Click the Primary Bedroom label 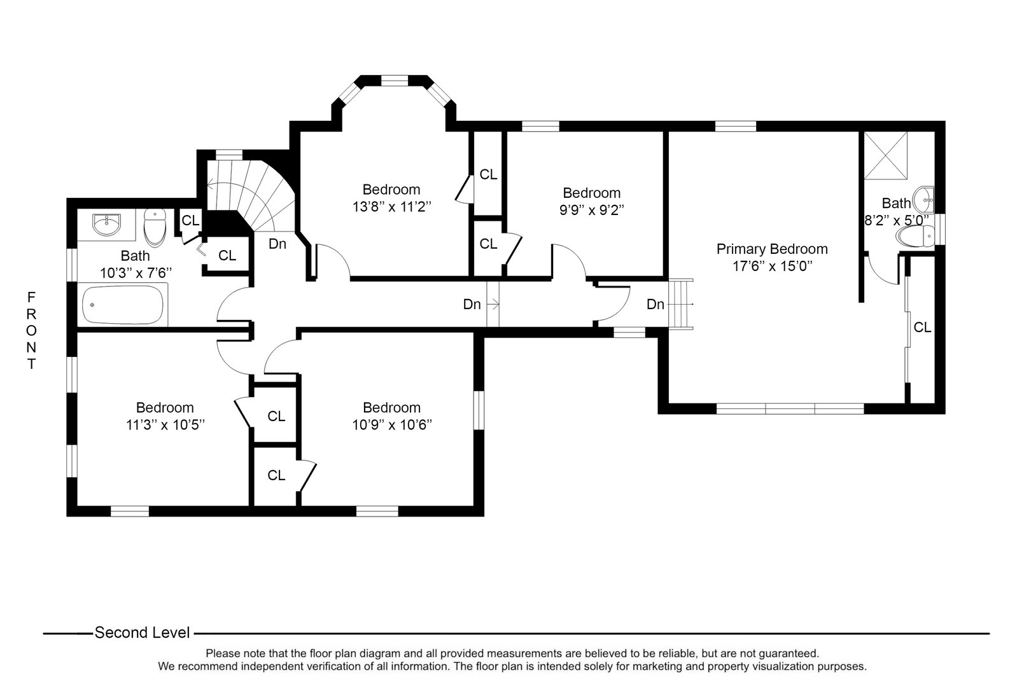[772, 249]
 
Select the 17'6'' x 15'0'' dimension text [772, 266]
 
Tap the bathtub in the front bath [124, 305]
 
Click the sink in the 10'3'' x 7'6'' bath [106, 224]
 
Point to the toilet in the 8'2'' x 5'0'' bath [915, 237]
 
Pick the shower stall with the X [884, 155]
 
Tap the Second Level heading [142, 633]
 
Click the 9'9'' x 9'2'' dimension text [591, 210]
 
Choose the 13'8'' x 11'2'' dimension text [391, 207]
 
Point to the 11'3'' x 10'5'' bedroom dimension [165, 424]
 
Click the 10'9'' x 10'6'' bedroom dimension [392, 424]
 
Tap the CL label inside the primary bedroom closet [922, 328]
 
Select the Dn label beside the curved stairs [277, 244]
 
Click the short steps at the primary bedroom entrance [682, 304]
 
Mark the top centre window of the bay [394, 80]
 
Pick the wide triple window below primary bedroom [790, 408]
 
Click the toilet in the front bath [155, 228]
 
